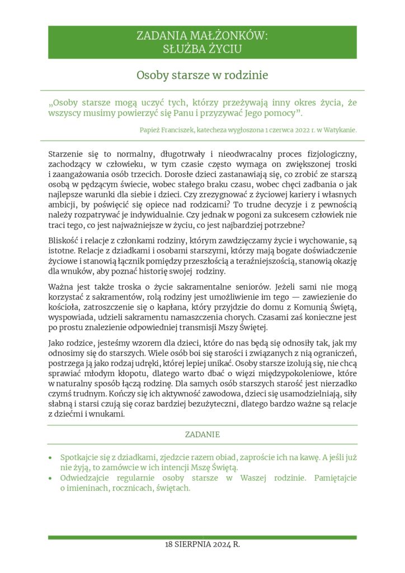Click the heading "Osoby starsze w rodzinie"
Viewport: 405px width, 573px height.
pyautogui.click(x=202, y=75)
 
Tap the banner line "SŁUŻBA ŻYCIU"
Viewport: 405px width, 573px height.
pyautogui.click(x=202, y=49)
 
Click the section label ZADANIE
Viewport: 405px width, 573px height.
pyautogui.click(x=202, y=434)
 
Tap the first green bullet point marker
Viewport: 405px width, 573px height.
pyautogui.click(x=52, y=457)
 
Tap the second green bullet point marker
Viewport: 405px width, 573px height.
pyautogui.click(x=52, y=478)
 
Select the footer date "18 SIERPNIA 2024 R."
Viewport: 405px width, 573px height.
pyautogui.click(x=202, y=544)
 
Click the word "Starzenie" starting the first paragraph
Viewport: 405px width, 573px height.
pyautogui.click(x=67, y=153)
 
